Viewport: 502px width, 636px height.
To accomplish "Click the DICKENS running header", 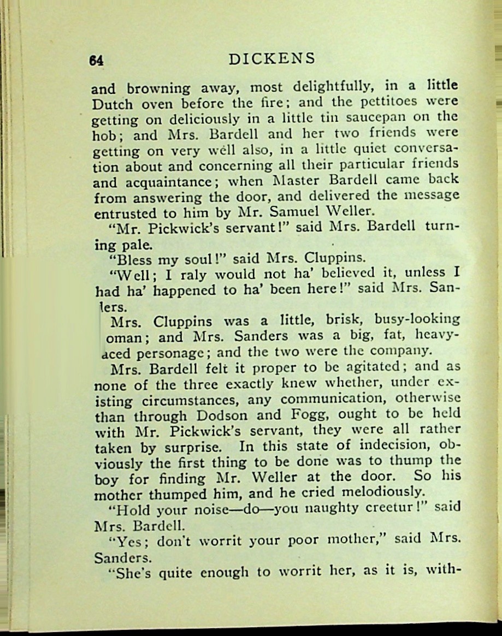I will (x=272, y=59).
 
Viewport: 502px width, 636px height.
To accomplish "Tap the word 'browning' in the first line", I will (x=158, y=88).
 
